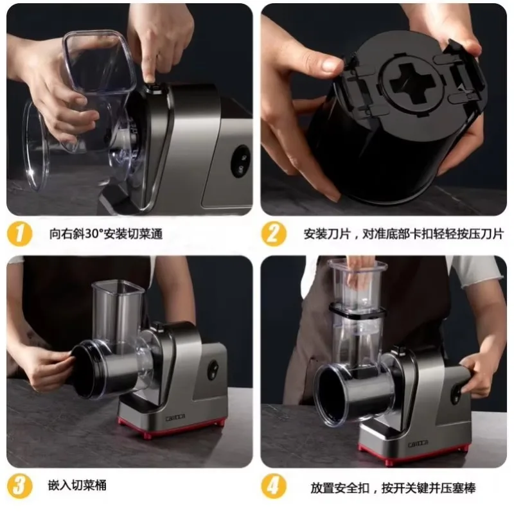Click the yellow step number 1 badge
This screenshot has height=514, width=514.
(20, 234)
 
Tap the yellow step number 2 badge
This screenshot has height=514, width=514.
(274, 234)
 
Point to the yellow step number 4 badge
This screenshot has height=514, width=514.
(274, 486)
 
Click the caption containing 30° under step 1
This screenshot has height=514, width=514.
(106, 234)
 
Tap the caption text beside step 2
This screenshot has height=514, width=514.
(403, 234)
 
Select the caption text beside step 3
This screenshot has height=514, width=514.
(77, 486)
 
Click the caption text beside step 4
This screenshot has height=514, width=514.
(393, 488)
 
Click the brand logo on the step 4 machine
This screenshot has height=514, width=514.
(418, 444)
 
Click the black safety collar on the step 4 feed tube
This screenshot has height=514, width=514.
(357, 311)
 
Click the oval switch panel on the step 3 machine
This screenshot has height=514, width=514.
(213, 371)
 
